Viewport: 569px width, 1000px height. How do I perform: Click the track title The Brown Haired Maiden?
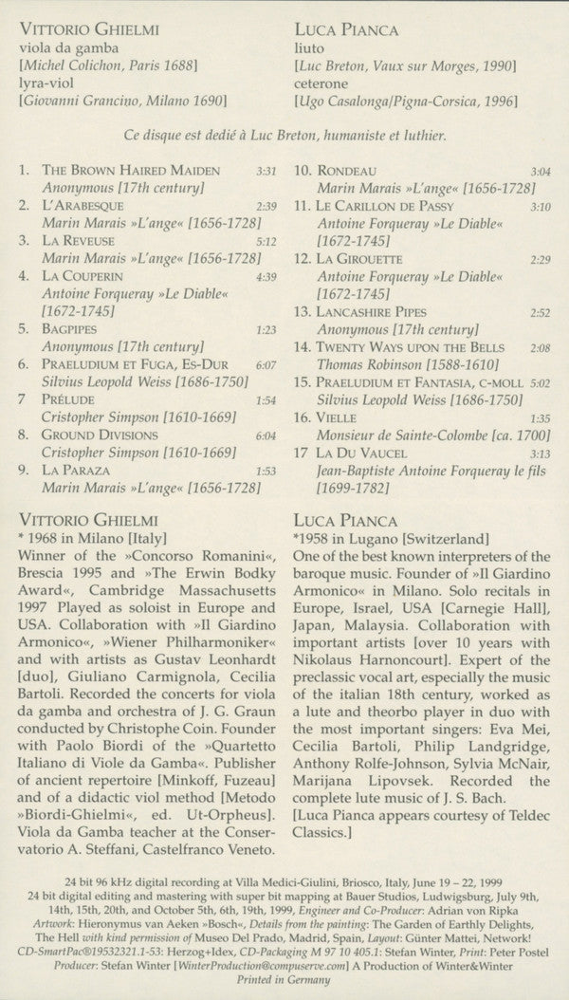click(x=131, y=171)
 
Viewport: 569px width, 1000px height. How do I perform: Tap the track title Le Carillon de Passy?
click(x=386, y=206)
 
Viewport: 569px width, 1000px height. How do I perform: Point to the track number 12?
click(x=303, y=259)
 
